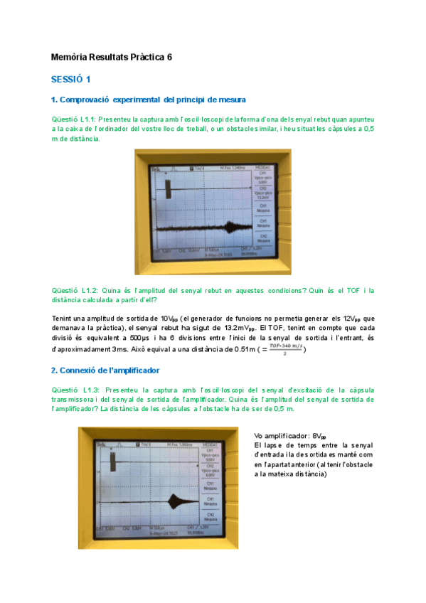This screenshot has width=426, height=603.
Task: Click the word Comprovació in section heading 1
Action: tap(85, 99)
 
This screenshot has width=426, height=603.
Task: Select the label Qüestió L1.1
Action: tap(74, 119)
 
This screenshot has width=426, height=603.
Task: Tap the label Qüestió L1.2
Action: tap(75, 290)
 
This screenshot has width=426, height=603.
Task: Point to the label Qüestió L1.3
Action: tap(75, 390)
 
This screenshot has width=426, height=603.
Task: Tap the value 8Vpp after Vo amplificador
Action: tap(320, 436)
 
